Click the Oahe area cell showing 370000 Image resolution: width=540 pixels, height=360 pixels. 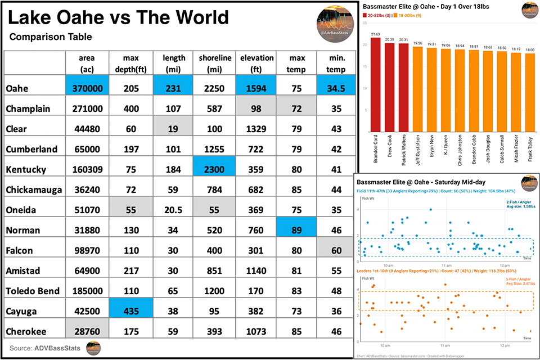coord(87,88)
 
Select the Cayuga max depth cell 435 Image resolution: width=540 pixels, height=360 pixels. coord(131,311)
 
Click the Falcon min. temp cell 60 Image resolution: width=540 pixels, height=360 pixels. coord(336,250)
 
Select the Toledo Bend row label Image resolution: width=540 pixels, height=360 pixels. coord(32,291)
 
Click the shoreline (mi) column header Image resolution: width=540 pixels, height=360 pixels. coord(214,63)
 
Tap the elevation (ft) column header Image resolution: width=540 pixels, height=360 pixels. coord(256,63)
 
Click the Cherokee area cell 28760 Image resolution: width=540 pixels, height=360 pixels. coord(87,331)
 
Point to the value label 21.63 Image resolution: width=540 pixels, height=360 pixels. coord(375,35)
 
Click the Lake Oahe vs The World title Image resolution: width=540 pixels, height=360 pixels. coord(119,19)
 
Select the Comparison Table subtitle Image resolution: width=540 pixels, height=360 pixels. coord(51,37)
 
